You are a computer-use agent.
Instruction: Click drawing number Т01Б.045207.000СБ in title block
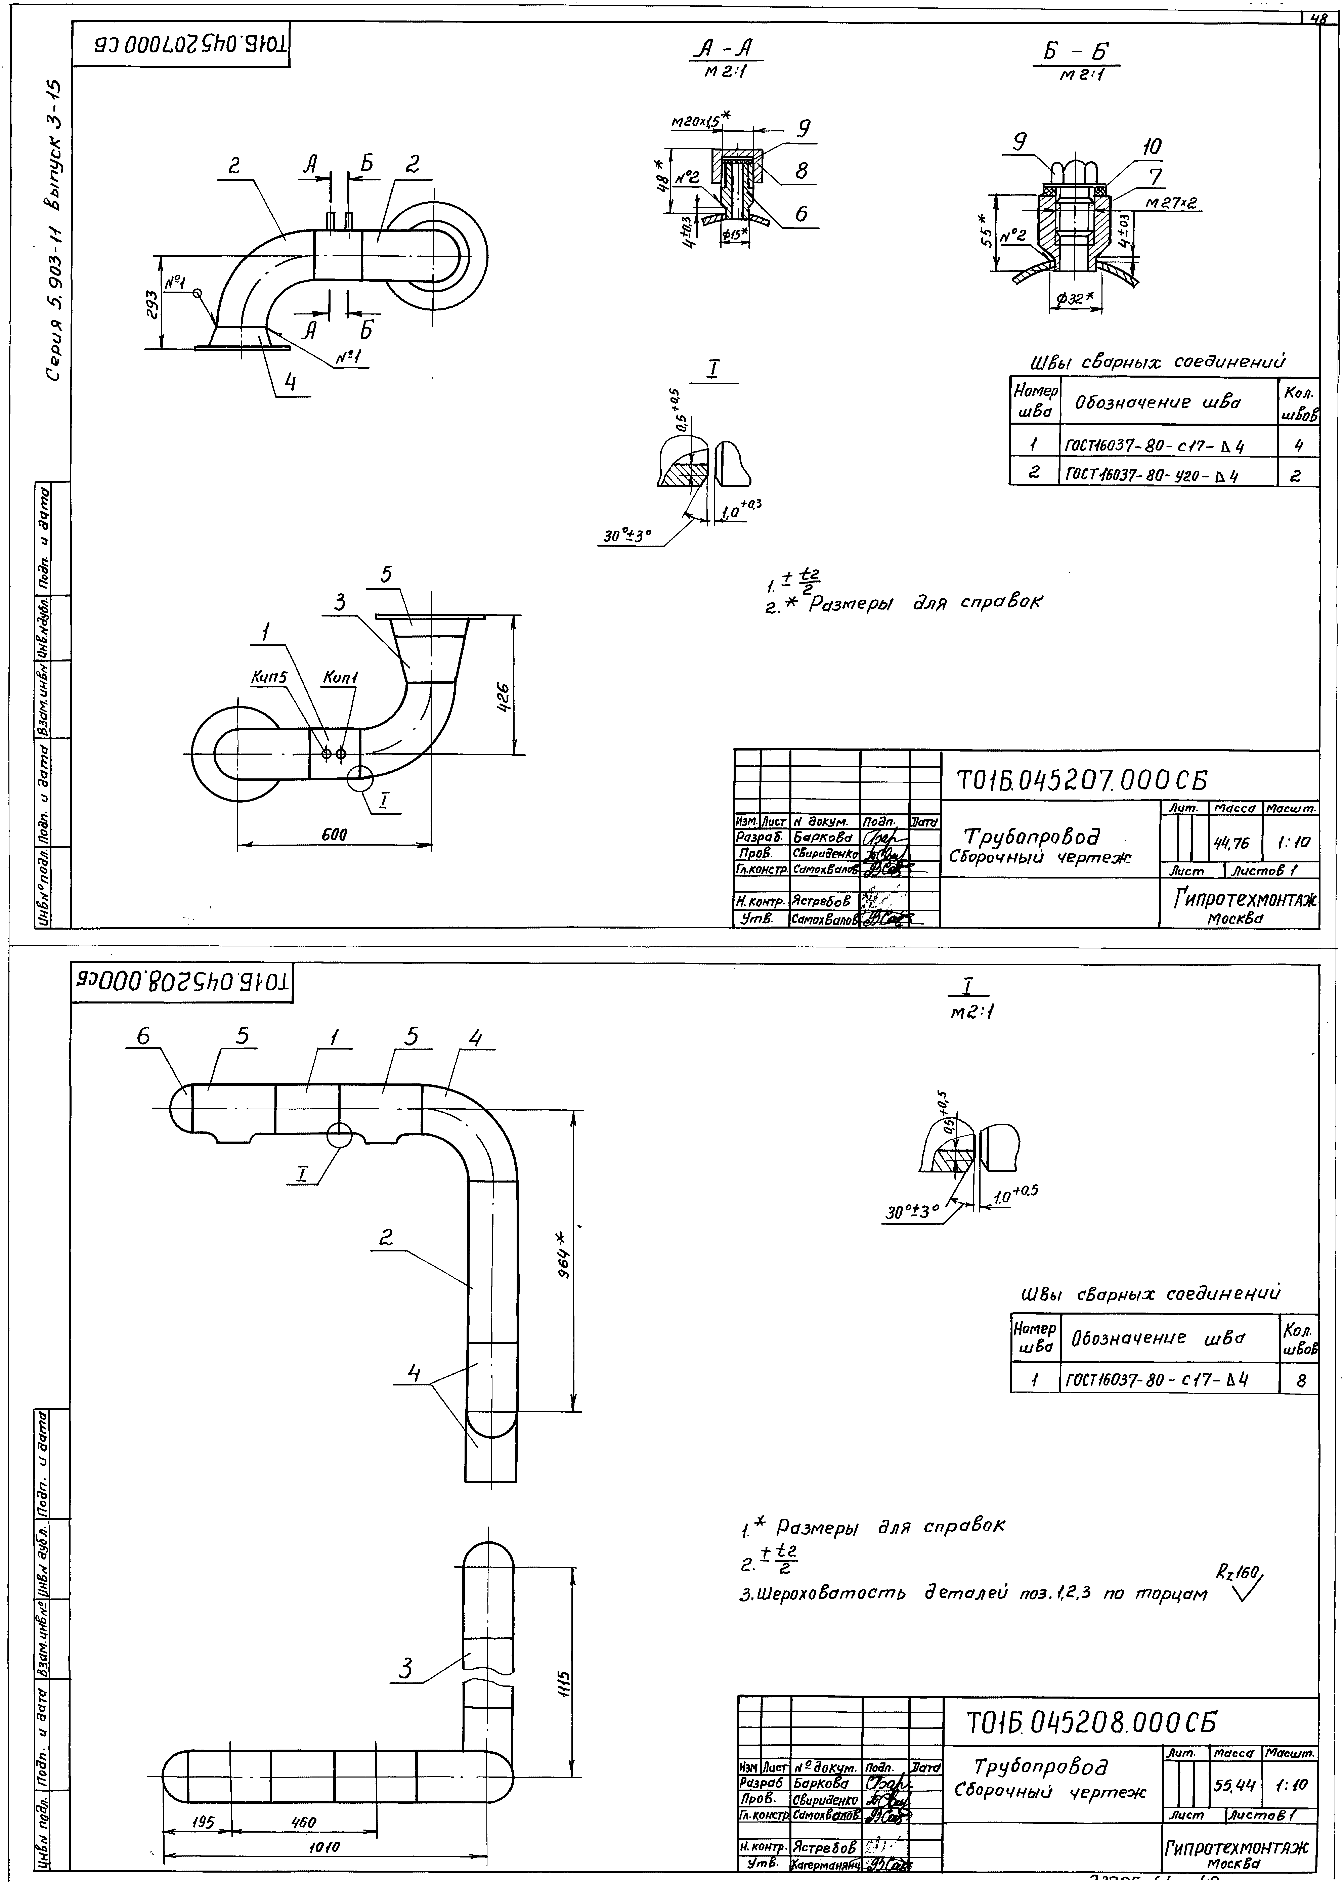coord(1081,780)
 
